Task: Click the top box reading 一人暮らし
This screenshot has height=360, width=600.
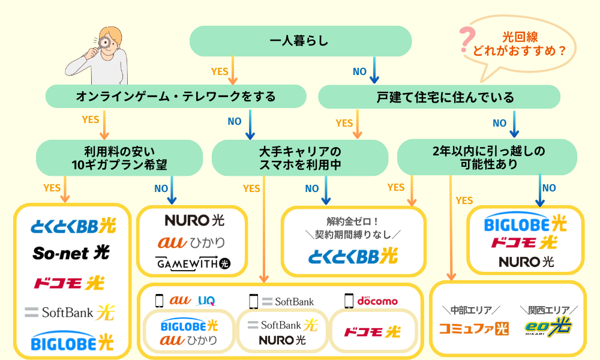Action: [300, 41]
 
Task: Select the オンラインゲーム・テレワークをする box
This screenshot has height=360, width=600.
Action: [176, 96]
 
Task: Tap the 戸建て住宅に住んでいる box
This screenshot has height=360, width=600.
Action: [439, 96]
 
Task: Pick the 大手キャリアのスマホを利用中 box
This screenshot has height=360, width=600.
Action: [300, 157]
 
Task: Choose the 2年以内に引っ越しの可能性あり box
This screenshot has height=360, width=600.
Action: [487, 157]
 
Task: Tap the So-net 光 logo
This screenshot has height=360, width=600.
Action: [71, 253]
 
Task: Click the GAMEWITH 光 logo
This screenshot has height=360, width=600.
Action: [192, 263]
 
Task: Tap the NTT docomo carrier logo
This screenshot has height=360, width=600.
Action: [377, 300]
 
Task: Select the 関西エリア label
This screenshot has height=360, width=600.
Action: [548, 310]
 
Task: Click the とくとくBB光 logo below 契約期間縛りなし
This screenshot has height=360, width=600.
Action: [353, 256]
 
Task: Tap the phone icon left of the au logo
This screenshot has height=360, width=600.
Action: [159, 300]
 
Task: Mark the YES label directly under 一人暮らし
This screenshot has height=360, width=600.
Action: [220, 71]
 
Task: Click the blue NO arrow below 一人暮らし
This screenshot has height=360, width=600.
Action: [375, 71]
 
